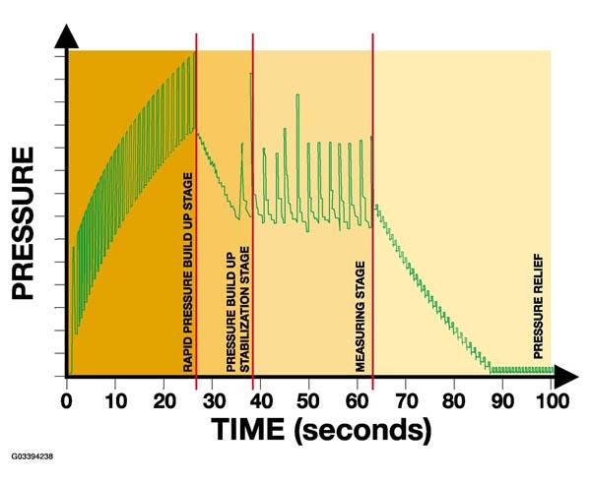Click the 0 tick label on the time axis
67,400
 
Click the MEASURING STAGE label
361,315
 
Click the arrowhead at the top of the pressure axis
67,36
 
